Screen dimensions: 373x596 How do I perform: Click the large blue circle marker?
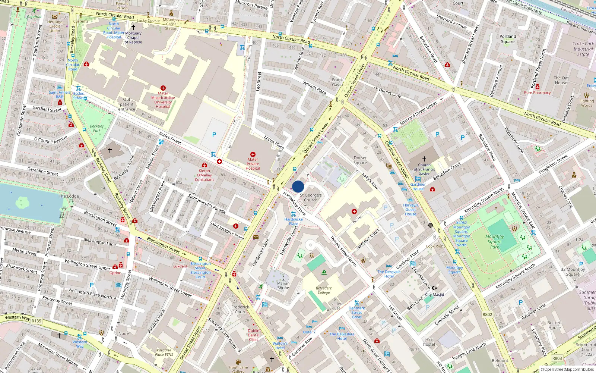pyautogui.click(x=298, y=186)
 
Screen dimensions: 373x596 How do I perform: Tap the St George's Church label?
pyautogui.click(x=311, y=198)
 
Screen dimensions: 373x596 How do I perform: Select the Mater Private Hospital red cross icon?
pyautogui.click(x=253, y=154)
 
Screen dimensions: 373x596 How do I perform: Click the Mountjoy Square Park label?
pyautogui.click(x=494, y=241)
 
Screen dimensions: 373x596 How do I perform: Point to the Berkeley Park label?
pyautogui.click(x=97, y=128)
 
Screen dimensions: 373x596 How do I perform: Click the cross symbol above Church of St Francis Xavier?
pyautogui.click(x=424, y=159)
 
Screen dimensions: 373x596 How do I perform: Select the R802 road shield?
pyautogui.click(x=487, y=314)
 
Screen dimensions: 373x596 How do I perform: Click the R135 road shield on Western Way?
pyautogui.click(x=37, y=321)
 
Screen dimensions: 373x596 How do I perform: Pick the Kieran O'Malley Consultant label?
pyautogui.click(x=204, y=175)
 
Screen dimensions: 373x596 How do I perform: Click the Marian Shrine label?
pyautogui.click(x=283, y=285)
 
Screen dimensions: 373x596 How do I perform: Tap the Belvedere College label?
pyautogui.click(x=324, y=290)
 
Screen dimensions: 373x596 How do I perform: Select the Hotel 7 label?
pyautogui.click(x=309, y=332)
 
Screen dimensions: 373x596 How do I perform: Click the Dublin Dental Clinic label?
pyautogui.click(x=254, y=335)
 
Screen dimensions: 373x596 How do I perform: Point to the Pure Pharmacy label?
pyautogui.click(x=537, y=93)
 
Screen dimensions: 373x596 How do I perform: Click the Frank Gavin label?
pyautogui.click(x=337, y=82)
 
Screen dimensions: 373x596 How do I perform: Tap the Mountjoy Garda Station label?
pyautogui.click(x=171, y=24)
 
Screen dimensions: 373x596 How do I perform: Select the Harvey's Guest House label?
pyautogui.click(x=410, y=210)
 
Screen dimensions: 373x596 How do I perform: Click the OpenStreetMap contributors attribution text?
pyautogui.click(x=569, y=370)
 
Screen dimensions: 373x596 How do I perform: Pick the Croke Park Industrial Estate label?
pyautogui.click(x=583, y=49)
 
